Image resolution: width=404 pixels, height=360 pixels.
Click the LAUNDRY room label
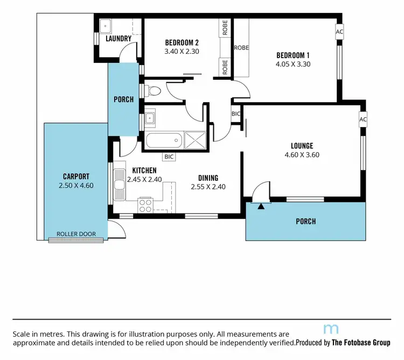point(119,39)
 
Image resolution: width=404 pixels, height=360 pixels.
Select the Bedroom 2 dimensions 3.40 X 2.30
point(182,52)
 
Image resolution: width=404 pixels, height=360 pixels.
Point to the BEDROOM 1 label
point(292,55)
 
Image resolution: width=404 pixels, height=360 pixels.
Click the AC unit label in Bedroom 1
point(339,32)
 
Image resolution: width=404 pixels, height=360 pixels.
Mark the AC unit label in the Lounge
point(363,119)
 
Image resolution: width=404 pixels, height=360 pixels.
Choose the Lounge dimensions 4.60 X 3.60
point(302,155)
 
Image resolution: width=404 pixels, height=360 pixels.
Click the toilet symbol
point(153,90)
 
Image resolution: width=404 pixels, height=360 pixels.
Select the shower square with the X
point(195,140)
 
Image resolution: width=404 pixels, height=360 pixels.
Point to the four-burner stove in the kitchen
point(145,204)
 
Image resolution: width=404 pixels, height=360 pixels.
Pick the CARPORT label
point(76,176)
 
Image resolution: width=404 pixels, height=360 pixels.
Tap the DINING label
point(208,178)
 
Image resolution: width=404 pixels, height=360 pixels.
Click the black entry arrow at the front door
point(261,205)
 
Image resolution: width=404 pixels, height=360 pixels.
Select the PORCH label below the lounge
point(305,221)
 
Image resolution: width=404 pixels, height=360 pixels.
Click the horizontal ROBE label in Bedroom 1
point(241,47)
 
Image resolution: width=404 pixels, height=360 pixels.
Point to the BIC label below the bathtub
point(169,157)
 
